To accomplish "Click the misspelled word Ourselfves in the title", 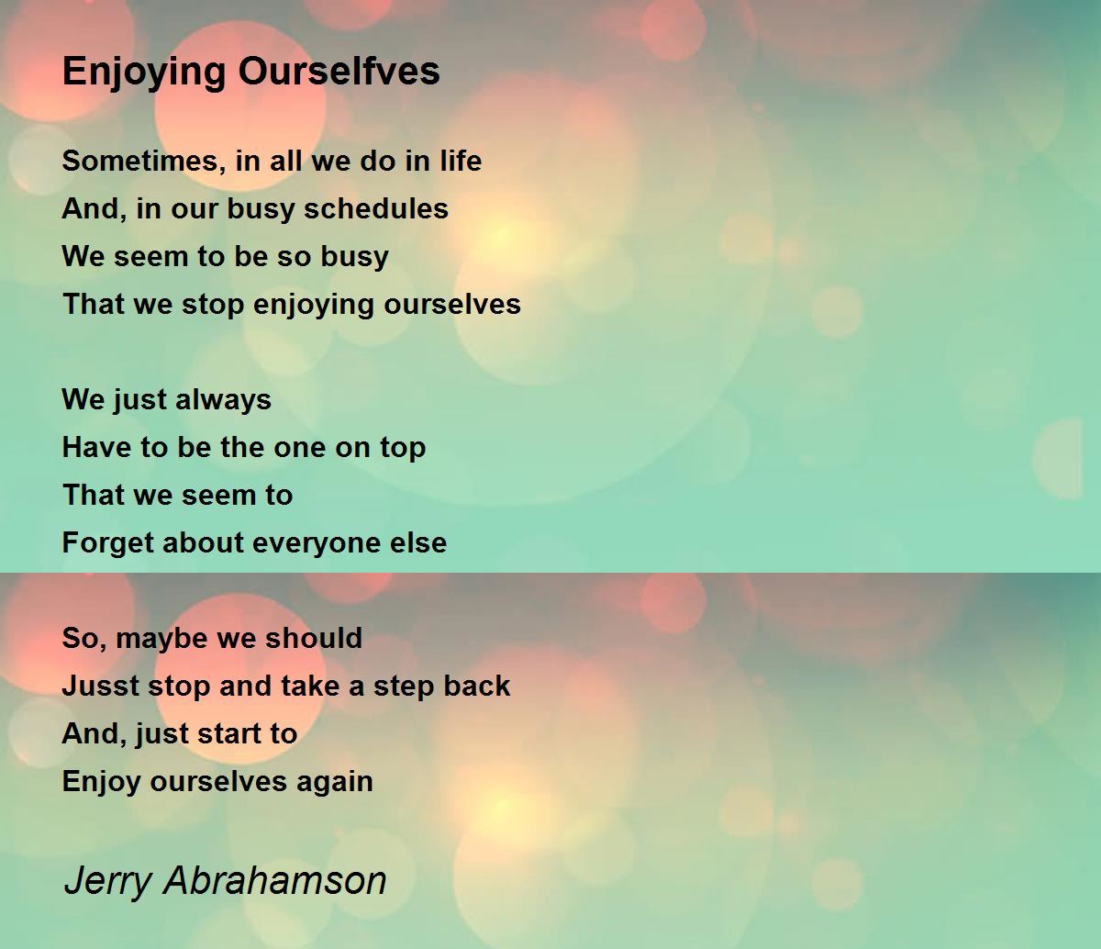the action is click(x=339, y=71).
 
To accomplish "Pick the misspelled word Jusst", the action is click(x=101, y=686).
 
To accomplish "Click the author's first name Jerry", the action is click(x=108, y=882).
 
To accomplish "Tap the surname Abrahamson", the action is click(x=275, y=880).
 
